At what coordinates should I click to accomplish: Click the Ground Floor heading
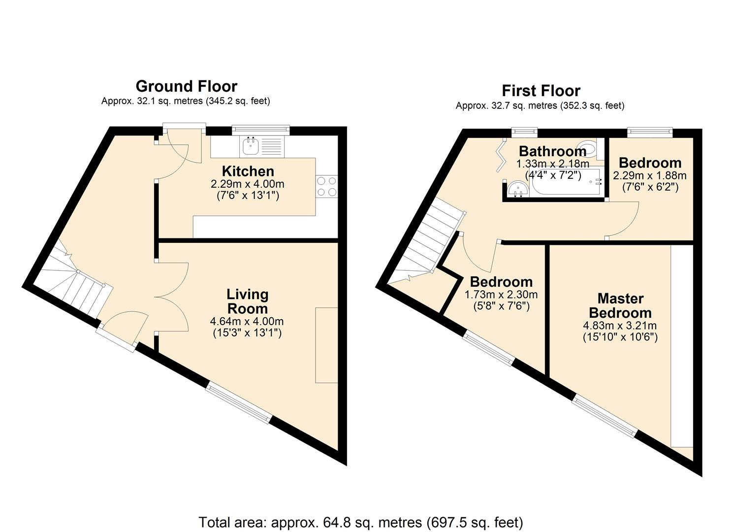pyautogui.click(x=186, y=86)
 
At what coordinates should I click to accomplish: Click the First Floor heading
pyautogui.click(x=540, y=91)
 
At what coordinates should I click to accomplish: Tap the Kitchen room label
pyautogui.click(x=248, y=171)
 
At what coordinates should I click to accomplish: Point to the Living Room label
pyautogui.click(x=247, y=301)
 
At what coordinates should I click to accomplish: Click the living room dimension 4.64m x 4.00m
pyautogui.click(x=247, y=322)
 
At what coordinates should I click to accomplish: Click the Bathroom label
pyautogui.click(x=552, y=151)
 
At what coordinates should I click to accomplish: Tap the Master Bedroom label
pyautogui.click(x=620, y=305)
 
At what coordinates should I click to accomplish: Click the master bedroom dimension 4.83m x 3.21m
pyautogui.click(x=620, y=326)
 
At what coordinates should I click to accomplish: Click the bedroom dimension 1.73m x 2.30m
pyautogui.click(x=501, y=295)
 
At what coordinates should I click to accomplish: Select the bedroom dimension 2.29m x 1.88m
pyautogui.click(x=649, y=176)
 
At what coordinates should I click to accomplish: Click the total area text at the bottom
pyautogui.click(x=360, y=522)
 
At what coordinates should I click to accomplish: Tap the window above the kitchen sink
pyautogui.click(x=260, y=130)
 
